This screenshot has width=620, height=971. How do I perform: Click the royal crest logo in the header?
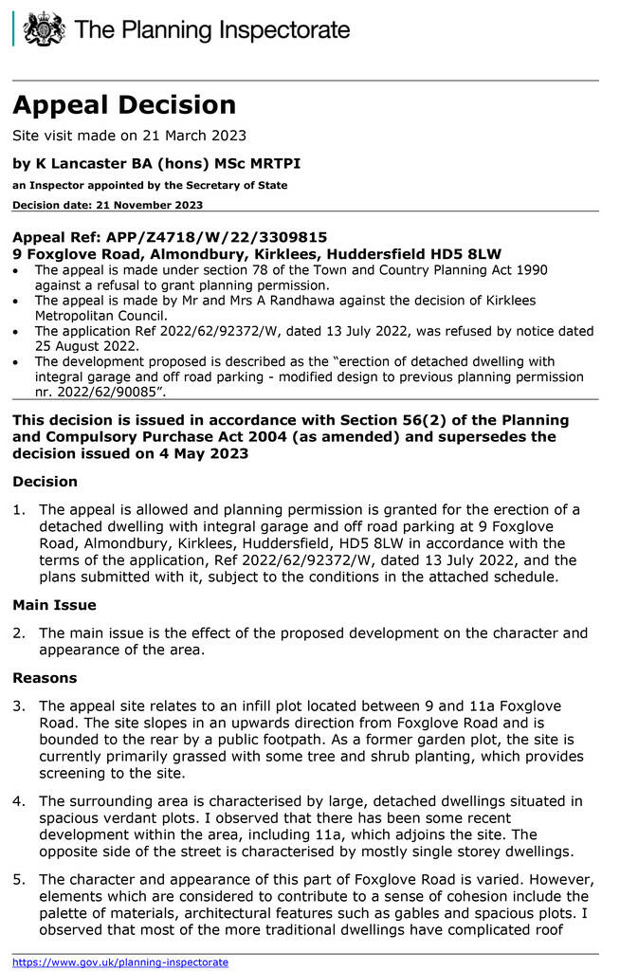[x=43, y=29]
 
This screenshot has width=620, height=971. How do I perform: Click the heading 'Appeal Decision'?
[x=124, y=104]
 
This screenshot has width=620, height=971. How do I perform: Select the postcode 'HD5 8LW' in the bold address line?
[x=466, y=254]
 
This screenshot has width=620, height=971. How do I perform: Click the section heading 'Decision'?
[x=45, y=482]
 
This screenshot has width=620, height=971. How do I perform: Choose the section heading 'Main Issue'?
[x=54, y=604]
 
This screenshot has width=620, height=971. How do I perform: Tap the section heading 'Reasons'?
[x=45, y=678]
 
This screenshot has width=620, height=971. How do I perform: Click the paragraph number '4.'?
[x=19, y=801]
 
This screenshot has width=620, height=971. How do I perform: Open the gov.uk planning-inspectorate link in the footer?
[x=120, y=962]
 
